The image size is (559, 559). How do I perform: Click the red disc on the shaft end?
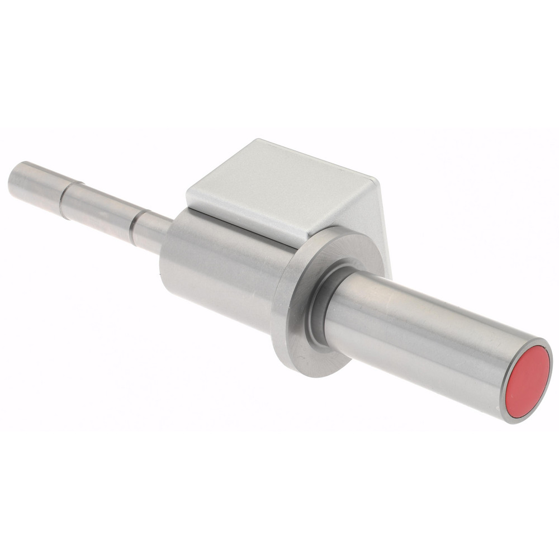click(527, 382)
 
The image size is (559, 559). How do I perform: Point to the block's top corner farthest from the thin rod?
click(376, 180)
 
